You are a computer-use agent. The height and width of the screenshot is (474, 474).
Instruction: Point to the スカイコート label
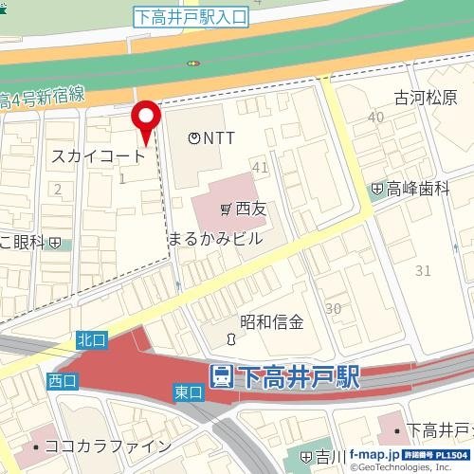99,155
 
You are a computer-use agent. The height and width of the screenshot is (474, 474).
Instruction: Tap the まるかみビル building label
214,239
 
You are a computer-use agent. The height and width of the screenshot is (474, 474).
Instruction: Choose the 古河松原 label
426,99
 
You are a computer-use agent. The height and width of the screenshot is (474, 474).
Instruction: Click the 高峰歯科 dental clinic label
417,190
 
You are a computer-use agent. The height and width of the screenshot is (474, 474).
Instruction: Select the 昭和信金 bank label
271,322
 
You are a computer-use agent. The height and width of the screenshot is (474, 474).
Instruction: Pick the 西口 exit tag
61,380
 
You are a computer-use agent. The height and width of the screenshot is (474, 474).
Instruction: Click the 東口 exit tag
189,392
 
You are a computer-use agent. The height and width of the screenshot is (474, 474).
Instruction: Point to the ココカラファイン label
111,446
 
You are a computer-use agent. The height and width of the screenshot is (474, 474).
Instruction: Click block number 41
260,167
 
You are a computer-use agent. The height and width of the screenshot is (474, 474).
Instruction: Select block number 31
423,271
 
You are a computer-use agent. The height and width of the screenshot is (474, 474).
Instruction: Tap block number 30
333,308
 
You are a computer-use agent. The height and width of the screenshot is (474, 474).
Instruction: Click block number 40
376,117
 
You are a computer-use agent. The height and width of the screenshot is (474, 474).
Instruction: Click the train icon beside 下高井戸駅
221,376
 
